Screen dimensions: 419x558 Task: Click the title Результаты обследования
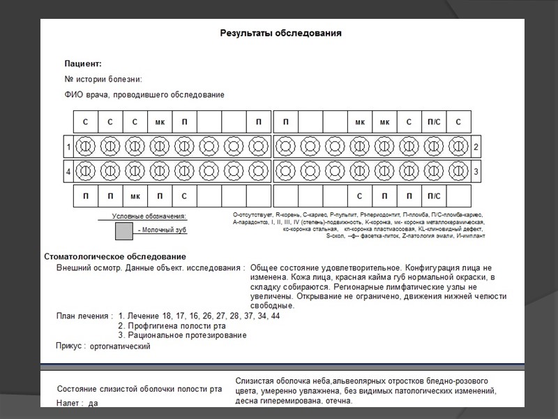coord(280,32)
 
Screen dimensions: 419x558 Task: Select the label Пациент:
coord(83,64)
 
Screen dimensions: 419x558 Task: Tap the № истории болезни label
coord(103,79)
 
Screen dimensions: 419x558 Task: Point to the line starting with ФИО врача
coord(144,94)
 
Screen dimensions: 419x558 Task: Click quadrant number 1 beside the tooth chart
coord(68,147)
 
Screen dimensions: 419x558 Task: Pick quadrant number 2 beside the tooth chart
coord(476,147)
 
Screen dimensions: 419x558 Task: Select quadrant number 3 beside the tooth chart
coord(476,170)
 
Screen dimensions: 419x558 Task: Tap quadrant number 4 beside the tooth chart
coord(68,170)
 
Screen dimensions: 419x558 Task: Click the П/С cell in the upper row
coord(434,122)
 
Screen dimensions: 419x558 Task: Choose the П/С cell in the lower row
coord(434,196)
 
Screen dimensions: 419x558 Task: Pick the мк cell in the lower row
coord(135,196)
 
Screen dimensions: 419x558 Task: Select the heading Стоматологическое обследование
coord(115,256)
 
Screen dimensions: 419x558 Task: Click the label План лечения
coord(84,316)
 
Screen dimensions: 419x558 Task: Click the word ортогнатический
coord(121,346)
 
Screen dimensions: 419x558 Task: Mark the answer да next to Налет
coord(93,403)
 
